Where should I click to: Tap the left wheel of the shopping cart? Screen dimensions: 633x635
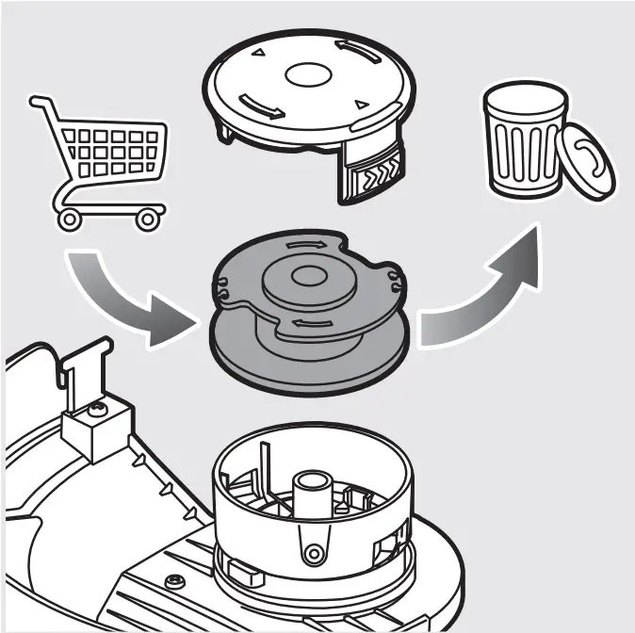(x=68, y=219)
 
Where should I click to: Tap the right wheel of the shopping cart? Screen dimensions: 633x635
(x=147, y=219)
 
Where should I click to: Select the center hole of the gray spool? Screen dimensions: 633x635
(x=307, y=276)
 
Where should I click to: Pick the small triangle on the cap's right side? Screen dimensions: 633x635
(x=359, y=105)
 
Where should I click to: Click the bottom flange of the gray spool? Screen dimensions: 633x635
(x=311, y=363)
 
